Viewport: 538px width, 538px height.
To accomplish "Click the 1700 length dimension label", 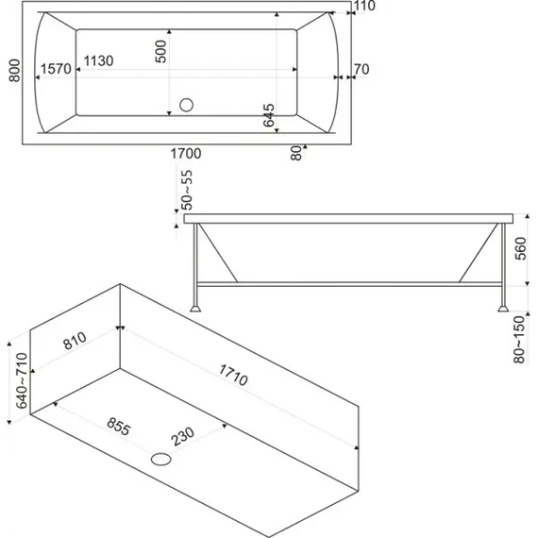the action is click(x=186, y=153).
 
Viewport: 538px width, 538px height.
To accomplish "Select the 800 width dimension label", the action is click(x=14, y=71).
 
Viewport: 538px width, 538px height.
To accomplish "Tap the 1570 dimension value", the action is click(x=56, y=69).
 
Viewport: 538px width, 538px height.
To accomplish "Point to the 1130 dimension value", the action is click(x=98, y=60).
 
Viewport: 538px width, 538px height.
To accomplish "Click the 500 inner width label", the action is click(x=160, y=52).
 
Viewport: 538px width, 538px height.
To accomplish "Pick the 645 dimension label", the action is click(x=269, y=115).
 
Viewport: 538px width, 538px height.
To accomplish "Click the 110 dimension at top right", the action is click(x=364, y=6).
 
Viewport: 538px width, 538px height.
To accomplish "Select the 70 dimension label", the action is click(x=361, y=69).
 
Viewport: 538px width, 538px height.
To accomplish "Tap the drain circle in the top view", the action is click(x=186, y=105).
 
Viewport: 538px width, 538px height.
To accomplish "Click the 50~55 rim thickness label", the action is click(x=187, y=190).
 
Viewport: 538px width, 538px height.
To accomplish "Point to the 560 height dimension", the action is click(x=520, y=248).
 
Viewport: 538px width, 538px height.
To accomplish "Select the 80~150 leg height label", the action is click(x=519, y=340).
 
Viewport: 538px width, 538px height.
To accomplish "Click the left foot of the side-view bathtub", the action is click(x=195, y=308).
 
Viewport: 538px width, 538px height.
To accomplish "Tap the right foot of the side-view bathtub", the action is click(x=503, y=308).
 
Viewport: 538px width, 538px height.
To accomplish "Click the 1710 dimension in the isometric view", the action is click(x=233, y=375).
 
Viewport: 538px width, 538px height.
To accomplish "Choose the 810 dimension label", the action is click(x=75, y=341).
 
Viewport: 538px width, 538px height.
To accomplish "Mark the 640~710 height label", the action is click(x=22, y=380).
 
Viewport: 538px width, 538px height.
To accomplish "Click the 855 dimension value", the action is click(x=119, y=427).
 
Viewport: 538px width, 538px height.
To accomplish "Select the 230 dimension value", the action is click(x=182, y=436).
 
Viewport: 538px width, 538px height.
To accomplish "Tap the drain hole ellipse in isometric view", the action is click(x=160, y=459).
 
